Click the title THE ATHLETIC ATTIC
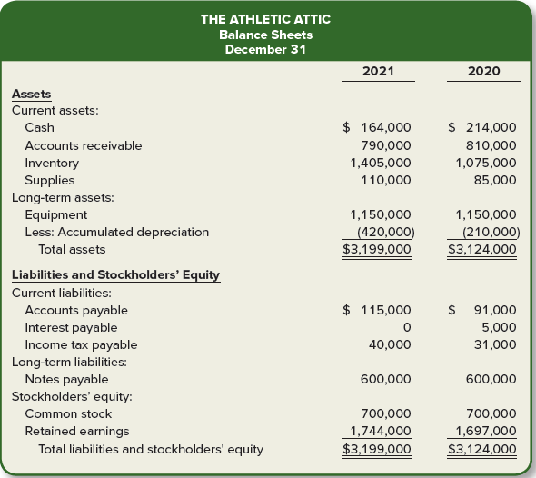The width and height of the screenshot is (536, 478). click(265, 19)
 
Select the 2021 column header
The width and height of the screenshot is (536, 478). click(377, 70)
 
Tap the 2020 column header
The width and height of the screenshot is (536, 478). click(482, 70)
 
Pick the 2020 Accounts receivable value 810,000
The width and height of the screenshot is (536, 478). click(490, 145)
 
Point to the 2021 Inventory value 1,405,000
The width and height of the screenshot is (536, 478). click(381, 163)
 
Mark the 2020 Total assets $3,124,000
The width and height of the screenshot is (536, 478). click(482, 249)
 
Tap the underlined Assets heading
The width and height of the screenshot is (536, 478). click(32, 94)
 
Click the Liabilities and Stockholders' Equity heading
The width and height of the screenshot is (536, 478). click(115, 275)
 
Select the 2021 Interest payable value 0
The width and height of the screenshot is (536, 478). click(406, 327)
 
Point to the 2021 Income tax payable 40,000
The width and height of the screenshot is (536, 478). click(390, 344)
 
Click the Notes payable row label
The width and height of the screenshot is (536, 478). click(66, 379)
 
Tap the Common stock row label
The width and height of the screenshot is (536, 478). click(68, 413)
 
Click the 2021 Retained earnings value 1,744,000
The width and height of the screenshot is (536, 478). click(381, 431)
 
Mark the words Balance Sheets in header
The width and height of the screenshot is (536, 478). click(265, 35)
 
